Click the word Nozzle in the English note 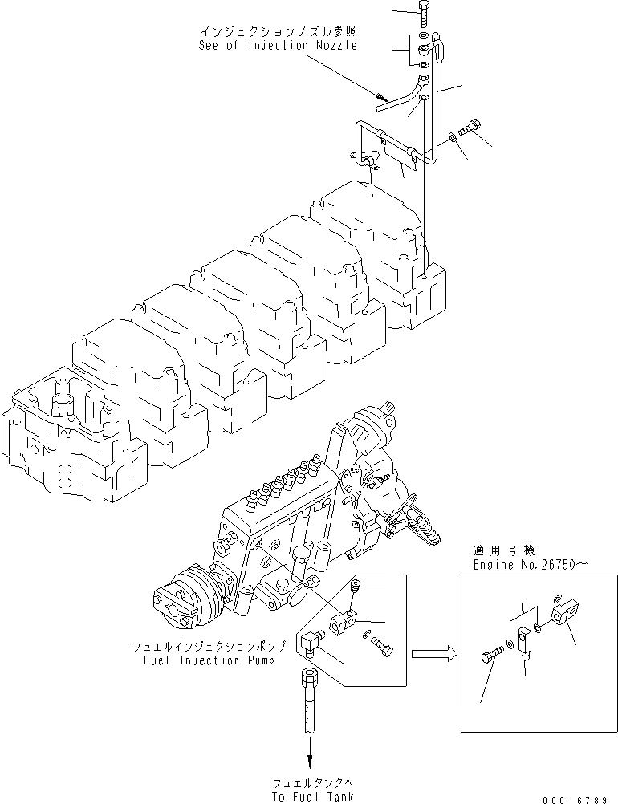(331, 45)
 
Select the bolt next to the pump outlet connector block (383, 644)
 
